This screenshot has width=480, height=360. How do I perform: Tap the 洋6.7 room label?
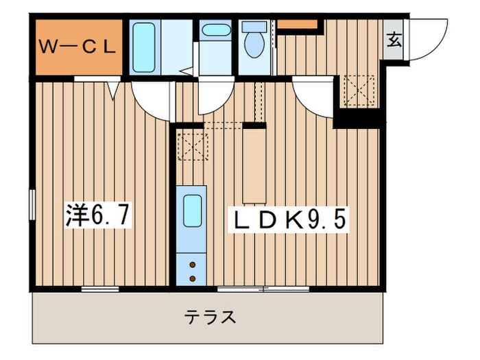coord(96,217)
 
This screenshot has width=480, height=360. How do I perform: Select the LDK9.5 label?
coord(289,221)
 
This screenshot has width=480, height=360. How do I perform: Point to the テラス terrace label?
coord(211,317)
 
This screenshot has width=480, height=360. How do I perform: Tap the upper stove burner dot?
coord(193,264)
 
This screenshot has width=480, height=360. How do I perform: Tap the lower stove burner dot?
coord(193,278)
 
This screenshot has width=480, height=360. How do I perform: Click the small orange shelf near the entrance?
coord(298,25)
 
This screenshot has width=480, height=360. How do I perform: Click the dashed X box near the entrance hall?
coord(359,90)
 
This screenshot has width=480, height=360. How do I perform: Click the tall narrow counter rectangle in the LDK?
coord(254,163)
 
